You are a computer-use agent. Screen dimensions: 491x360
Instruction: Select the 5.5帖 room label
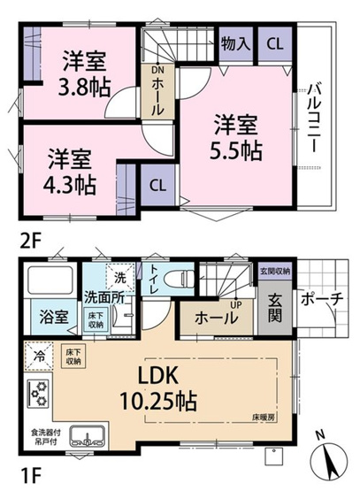235,138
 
